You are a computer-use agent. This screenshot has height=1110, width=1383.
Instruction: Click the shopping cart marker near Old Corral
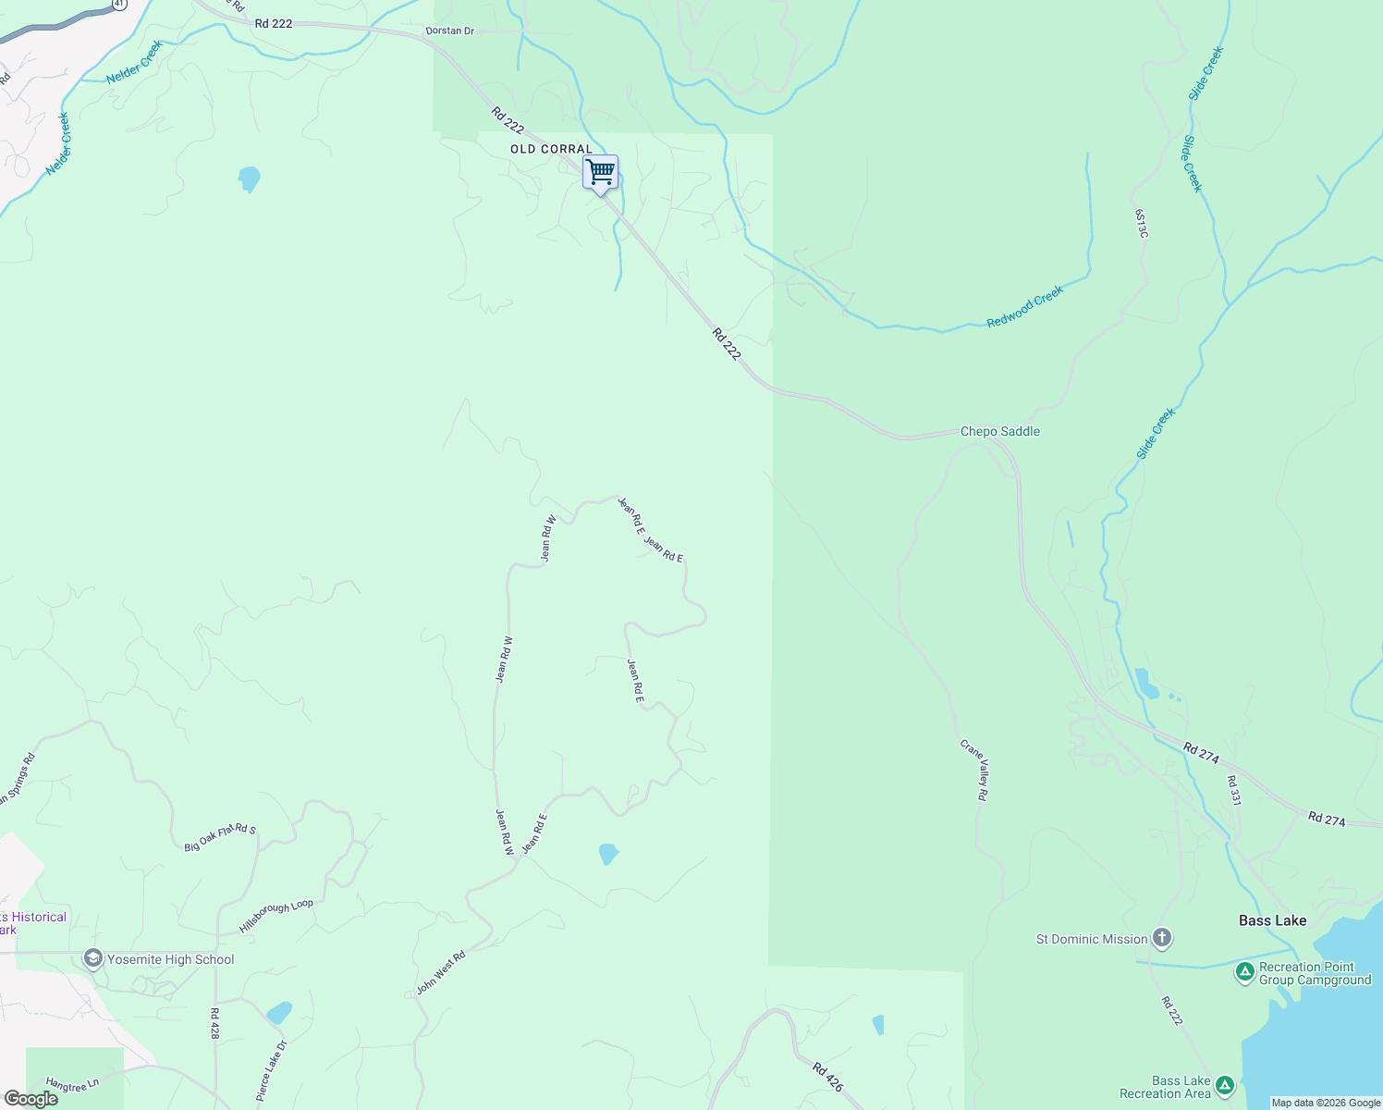[x=601, y=172]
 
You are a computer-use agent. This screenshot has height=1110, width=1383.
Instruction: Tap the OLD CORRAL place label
[x=551, y=149]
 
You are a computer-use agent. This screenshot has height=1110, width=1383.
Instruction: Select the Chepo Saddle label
[x=999, y=431]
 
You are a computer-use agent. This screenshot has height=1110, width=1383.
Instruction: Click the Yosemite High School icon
[x=93, y=958]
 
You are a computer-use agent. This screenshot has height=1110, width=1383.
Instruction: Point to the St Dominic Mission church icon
[x=1162, y=939]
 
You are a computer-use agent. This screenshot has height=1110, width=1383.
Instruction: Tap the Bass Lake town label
[x=1272, y=920]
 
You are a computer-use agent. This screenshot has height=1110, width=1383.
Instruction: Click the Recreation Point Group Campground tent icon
[x=1244, y=972]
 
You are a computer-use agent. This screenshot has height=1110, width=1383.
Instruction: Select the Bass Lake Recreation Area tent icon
[x=1225, y=1085]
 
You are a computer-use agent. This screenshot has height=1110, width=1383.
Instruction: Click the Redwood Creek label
[x=1025, y=306]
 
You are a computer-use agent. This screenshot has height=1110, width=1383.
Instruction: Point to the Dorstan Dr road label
[x=450, y=31]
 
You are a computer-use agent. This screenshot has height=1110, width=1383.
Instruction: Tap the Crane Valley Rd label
[x=975, y=769]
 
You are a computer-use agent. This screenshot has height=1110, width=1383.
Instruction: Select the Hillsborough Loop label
[x=276, y=916]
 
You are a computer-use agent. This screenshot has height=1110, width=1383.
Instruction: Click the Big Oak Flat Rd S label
[x=220, y=837]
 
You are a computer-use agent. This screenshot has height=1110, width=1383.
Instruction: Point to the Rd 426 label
[x=827, y=1077]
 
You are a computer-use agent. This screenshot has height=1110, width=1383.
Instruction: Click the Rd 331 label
[x=1233, y=790]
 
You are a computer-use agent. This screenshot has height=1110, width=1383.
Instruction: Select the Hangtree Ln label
[x=72, y=1084]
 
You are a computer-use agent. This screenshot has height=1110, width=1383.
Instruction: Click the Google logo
[x=31, y=1099]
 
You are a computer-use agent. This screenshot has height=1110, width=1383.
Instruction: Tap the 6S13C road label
[x=1142, y=223]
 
